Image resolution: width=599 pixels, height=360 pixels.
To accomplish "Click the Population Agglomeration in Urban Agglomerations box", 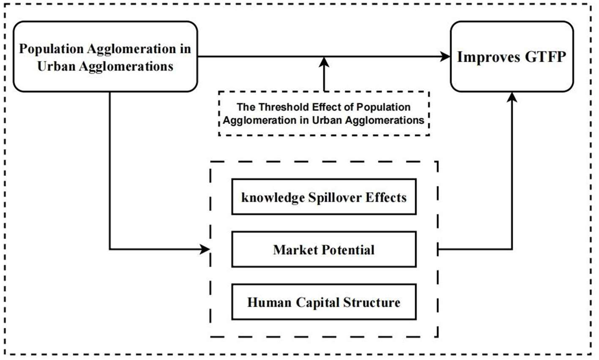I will [105, 57].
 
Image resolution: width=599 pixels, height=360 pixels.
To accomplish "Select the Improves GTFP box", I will [511, 57].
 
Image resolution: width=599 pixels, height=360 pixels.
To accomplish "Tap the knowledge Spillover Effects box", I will [324, 197].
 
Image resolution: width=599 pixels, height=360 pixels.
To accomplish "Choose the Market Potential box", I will [324, 250].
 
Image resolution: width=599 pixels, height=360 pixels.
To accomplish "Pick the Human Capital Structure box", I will [324, 302].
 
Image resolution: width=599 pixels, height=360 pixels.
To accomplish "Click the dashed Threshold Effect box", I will [324, 113].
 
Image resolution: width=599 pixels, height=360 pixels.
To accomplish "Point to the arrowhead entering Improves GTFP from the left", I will [445, 57].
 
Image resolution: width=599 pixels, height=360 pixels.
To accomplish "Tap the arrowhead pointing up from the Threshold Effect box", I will [324, 63].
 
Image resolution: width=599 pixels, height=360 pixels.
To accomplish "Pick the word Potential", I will [348, 250].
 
